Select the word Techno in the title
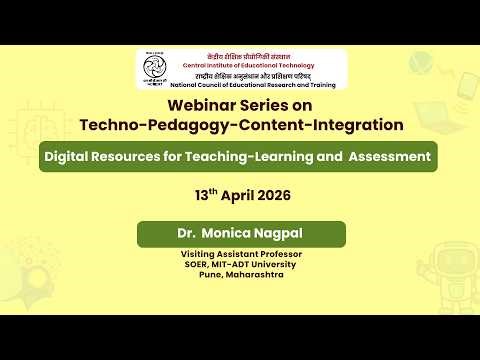coord(110,125)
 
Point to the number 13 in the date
coord(200,195)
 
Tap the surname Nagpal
coord(279,234)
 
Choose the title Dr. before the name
coord(186,234)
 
